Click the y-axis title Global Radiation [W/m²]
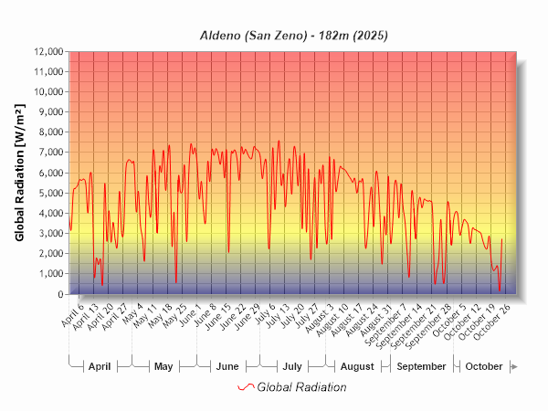pos(19,173)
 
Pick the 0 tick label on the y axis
pos(60,294)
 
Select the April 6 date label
pos(72,314)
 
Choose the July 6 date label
pos(265,314)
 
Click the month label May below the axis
pos(163,366)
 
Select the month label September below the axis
pos(423,366)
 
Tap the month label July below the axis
pos(292,366)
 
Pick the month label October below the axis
pos(484,366)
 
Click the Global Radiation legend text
pos(301,387)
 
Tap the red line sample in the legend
pos(245,387)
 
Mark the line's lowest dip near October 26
pos(500,290)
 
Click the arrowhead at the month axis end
pos(515,366)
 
